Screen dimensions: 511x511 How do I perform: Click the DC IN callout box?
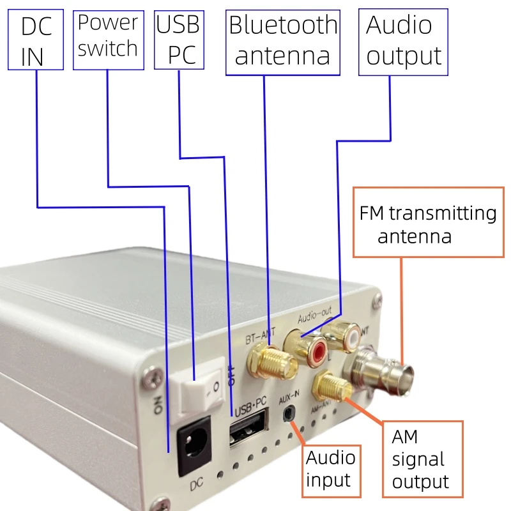click(x=35, y=40)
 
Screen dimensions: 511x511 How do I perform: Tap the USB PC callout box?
click(x=178, y=40)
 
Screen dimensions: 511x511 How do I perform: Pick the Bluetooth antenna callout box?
click(x=282, y=42)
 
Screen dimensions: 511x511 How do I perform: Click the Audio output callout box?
click(x=403, y=42)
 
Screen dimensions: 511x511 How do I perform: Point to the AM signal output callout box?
click(x=422, y=459)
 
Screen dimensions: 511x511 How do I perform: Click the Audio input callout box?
click(x=331, y=469)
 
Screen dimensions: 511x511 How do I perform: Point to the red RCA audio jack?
click(x=317, y=350)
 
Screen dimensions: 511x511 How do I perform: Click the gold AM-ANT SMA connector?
click(x=332, y=386)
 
